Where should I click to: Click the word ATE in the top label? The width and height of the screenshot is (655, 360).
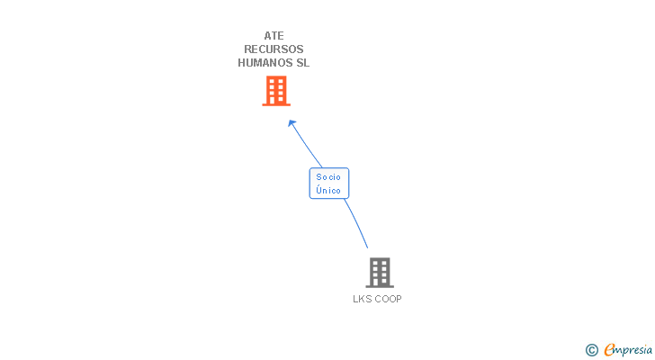[274, 36]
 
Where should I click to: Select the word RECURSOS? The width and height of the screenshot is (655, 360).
[274, 49]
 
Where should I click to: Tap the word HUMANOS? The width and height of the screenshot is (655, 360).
[265, 63]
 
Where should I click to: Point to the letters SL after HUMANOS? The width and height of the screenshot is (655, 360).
[302, 63]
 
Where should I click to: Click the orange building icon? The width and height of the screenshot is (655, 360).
[276, 90]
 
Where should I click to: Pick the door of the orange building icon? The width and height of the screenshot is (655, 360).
[276, 100]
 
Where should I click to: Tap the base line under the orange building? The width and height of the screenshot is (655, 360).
[276, 104]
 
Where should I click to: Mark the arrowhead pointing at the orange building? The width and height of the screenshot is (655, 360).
[291, 122]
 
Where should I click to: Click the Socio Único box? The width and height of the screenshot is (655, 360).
[328, 184]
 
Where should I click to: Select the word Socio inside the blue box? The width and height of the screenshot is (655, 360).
[328, 177]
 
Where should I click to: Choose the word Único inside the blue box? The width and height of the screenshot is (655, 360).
[328, 191]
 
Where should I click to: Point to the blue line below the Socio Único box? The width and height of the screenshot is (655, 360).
[358, 223]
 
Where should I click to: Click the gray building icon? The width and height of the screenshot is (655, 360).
[380, 272]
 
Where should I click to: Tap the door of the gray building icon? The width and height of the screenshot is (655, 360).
[380, 282]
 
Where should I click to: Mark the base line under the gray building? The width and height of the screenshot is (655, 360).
[380, 286]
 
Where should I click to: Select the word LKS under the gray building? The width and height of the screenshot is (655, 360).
[363, 299]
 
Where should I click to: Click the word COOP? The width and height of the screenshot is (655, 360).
[388, 299]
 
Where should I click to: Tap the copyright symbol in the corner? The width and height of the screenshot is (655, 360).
[592, 350]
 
